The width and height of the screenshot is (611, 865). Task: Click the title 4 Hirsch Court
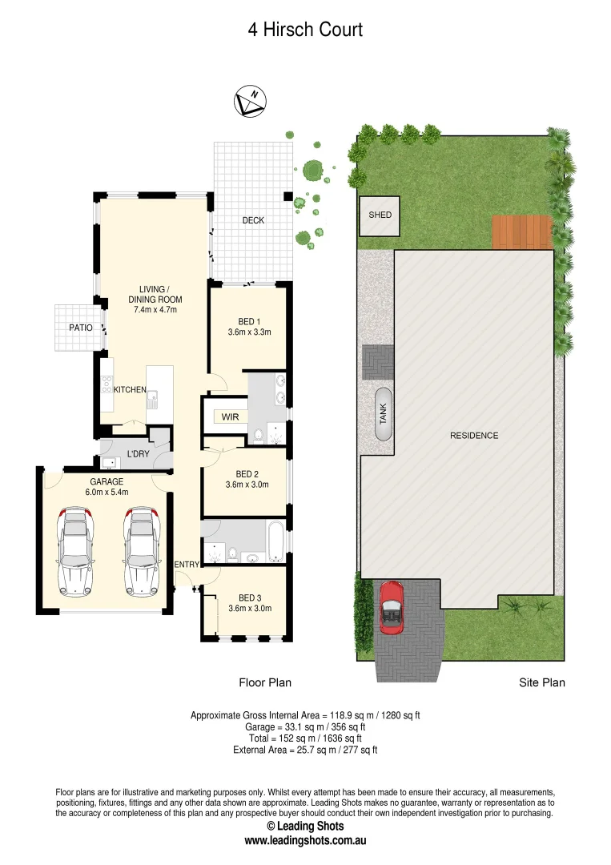pos(305,30)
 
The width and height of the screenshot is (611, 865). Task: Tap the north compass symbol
pos(249,103)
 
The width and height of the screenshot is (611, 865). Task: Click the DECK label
pos(253,220)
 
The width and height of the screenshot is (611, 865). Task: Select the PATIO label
pos(81,328)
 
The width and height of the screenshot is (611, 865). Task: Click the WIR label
pos(231,417)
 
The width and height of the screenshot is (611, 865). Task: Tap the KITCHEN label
pos(130,390)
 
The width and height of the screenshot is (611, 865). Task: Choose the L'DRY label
pos(139,455)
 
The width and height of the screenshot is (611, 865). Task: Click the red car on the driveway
pos(391,607)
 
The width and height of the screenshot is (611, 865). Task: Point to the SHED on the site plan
pos(380,215)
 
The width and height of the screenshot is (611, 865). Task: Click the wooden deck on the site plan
pos(521,232)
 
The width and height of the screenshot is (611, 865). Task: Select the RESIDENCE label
pos(474,436)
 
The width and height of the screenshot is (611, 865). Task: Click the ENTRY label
pos(187,565)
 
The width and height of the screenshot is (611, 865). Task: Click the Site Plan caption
pos(542,683)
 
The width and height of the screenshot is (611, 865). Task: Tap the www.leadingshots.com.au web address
pos(305,842)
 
